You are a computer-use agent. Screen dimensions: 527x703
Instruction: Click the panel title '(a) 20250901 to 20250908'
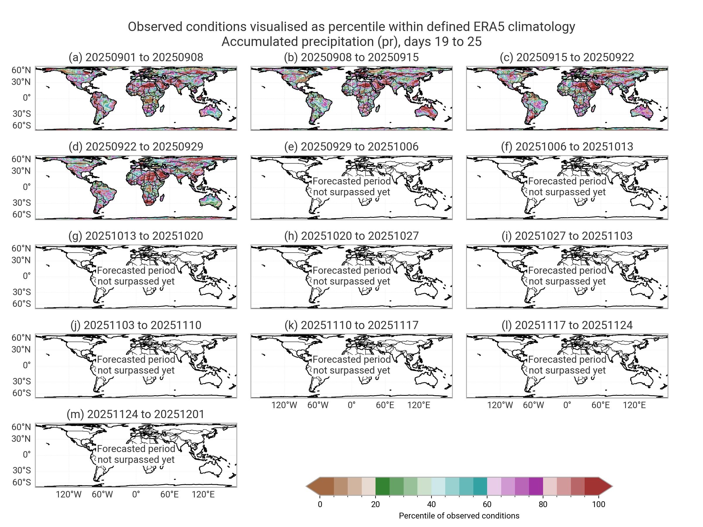(x=136, y=57)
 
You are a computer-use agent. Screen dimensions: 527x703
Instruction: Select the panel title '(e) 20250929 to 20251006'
(x=351, y=146)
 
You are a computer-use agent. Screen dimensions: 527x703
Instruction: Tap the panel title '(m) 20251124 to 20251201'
(x=136, y=414)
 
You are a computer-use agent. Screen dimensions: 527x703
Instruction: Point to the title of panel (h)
(x=351, y=236)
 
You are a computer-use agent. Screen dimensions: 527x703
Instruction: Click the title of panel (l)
(x=567, y=325)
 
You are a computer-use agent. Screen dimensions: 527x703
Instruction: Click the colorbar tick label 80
(x=543, y=504)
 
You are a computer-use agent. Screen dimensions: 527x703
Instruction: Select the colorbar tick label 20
(x=375, y=504)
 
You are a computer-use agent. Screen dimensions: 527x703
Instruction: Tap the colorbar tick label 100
(x=598, y=504)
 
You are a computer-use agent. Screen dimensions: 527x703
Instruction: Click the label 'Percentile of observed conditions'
(x=459, y=516)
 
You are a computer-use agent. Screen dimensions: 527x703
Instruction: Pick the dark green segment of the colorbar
(x=382, y=486)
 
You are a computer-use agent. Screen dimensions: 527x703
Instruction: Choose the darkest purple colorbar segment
(x=536, y=486)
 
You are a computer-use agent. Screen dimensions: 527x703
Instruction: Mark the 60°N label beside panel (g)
(x=21, y=248)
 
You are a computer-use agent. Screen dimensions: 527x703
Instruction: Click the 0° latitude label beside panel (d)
(x=27, y=187)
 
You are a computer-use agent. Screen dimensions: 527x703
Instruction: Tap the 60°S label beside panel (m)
(x=22, y=482)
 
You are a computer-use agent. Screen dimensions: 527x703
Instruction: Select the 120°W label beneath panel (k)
(x=284, y=405)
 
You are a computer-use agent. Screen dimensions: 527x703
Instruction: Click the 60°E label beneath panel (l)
(x=600, y=405)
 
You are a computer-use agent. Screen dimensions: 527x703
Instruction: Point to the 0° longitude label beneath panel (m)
(x=136, y=494)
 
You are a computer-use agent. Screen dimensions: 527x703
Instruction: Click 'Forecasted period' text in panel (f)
(x=567, y=181)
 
